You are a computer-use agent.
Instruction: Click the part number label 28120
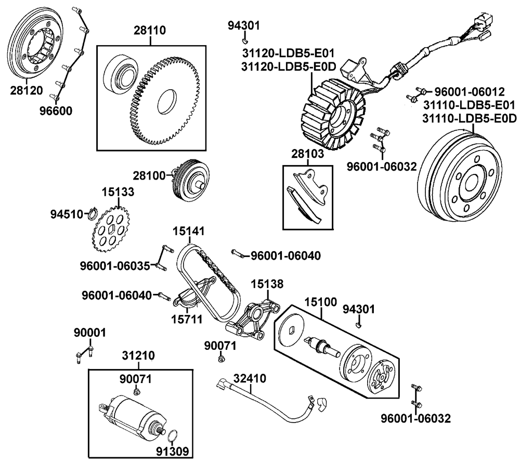click(x=27, y=90)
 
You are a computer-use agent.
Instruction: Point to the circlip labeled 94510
click(x=93, y=213)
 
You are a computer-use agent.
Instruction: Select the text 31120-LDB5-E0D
click(x=288, y=66)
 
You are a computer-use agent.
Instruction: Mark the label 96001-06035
click(x=114, y=265)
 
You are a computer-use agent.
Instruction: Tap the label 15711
click(x=187, y=318)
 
